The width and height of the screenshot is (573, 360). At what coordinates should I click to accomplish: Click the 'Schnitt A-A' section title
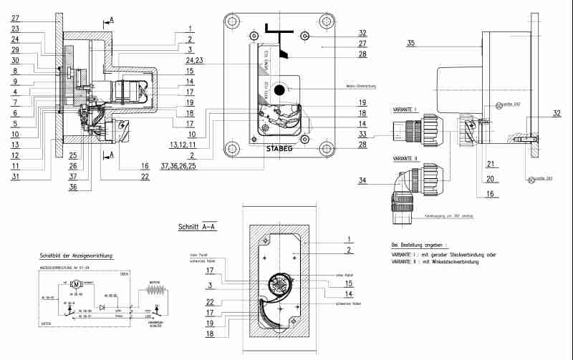(198, 227)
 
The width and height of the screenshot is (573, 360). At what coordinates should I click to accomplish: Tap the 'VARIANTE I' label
(405, 110)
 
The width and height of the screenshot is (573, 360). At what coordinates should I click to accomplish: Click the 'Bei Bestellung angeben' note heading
(423, 244)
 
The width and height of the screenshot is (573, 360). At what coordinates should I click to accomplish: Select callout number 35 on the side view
(410, 44)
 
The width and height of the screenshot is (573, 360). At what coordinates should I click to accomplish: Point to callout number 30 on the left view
(15, 62)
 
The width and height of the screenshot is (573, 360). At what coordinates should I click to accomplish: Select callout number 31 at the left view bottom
(15, 177)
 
